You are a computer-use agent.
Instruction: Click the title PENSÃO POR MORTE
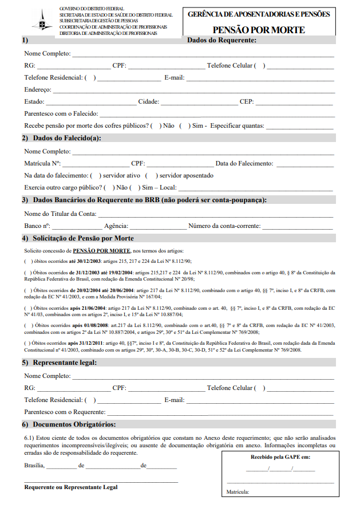(x=259, y=30)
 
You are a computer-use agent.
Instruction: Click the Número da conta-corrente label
(x=224, y=226)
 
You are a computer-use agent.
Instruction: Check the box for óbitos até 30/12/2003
(x=28, y=261)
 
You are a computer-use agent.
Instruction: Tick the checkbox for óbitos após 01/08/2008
(x=28, y=325)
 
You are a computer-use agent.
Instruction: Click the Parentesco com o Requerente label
(x=65, y=412)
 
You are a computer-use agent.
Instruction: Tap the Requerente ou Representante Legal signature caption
(x=71, y=487)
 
